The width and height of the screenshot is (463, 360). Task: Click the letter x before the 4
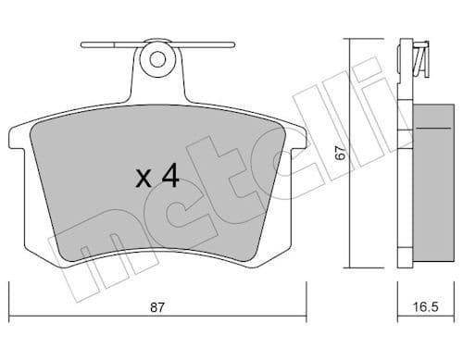[x=144, y=179]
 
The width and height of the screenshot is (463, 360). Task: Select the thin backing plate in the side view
[x=406, y=176]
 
